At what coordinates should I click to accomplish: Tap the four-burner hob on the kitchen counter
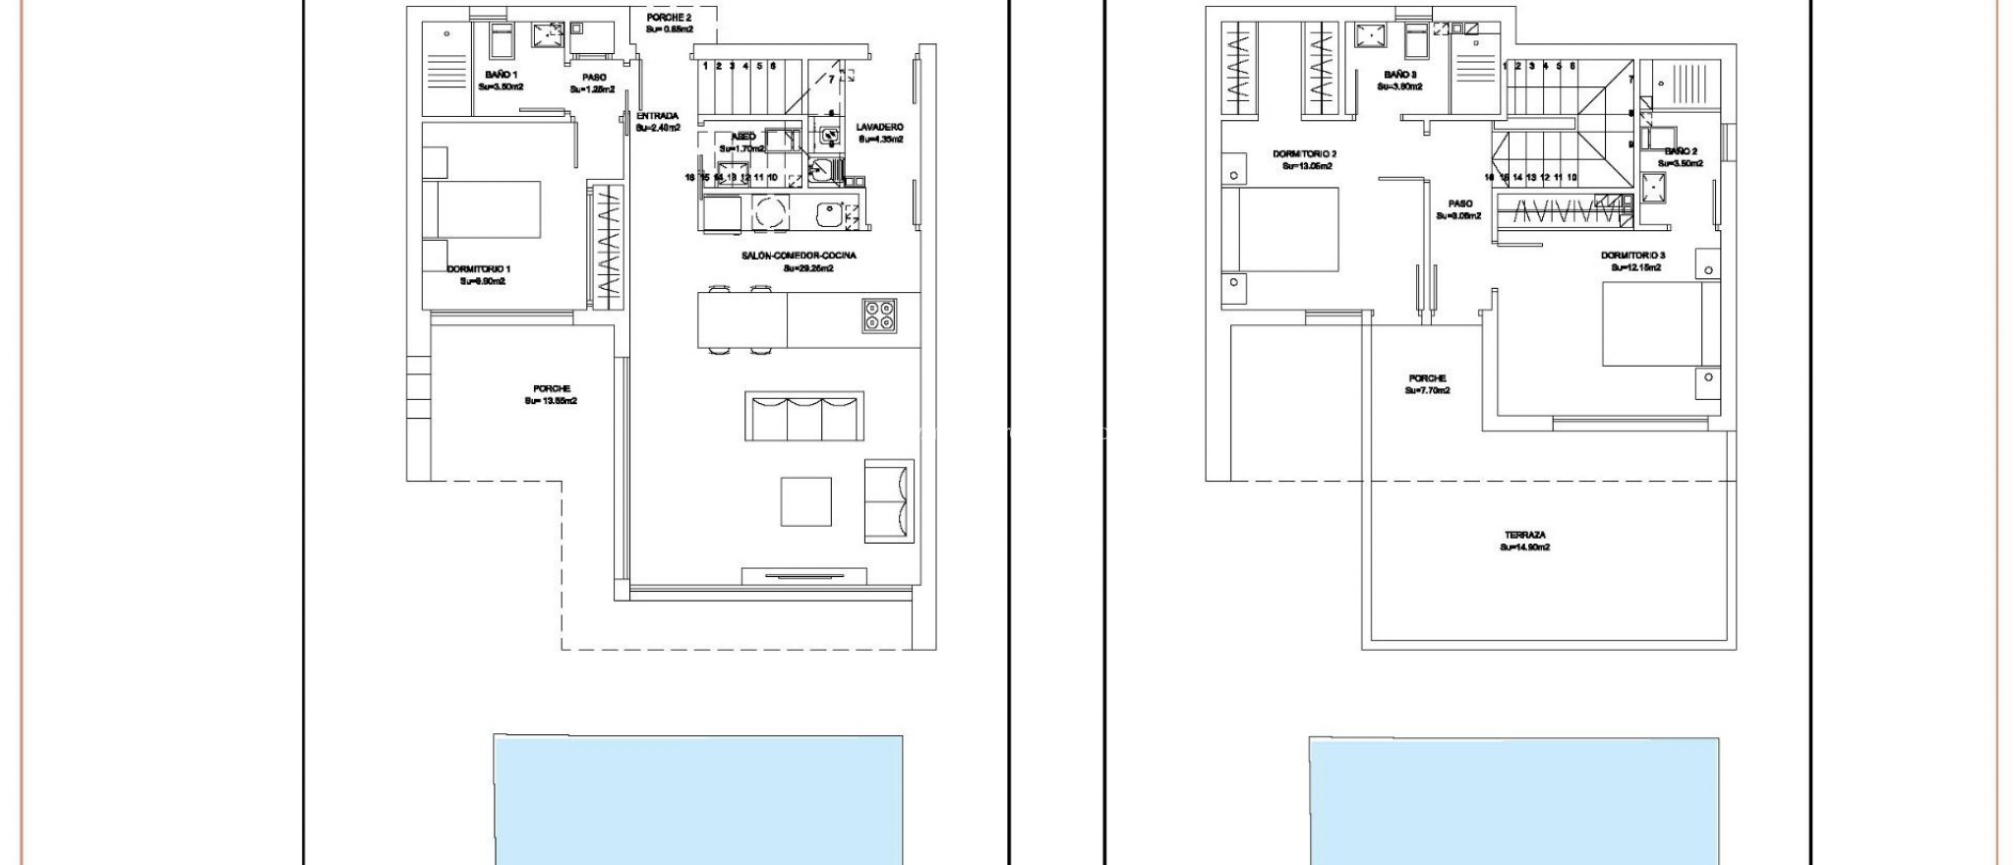coord(879,315)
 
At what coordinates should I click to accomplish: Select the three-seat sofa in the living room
coord(804,416)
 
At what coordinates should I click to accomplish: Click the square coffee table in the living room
coord(805,501)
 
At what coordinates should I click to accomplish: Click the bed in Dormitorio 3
coord(1659,323)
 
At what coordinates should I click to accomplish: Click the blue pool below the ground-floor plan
coord(697,800)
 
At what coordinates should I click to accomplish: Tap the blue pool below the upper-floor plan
coord(1513,801)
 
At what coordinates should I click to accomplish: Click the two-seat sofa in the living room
coord(889,500)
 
